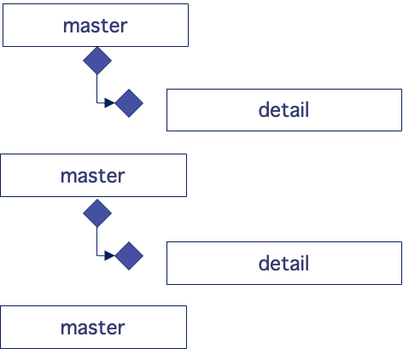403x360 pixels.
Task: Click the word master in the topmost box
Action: coord(95,26)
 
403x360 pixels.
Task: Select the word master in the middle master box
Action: coord(92,177)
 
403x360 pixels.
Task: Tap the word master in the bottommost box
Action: coord(92,328)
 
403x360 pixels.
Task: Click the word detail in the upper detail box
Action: coord(283,110)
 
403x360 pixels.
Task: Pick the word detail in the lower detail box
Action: coord(283,264)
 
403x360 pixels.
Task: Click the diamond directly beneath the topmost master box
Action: coord(96,61)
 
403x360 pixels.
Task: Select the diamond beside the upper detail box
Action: coord(129,103)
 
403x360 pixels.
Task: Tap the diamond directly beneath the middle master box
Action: coord(96,212)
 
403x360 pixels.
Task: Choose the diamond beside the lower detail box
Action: coord(129,256)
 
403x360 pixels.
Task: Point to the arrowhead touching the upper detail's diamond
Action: coord(109,103)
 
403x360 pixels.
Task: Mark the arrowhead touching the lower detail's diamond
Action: coord(109,256)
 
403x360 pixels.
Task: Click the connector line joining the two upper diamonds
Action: coord(96,90)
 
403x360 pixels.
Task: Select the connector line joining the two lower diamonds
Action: coord(96,241)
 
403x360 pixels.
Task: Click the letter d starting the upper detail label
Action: coord(264,110)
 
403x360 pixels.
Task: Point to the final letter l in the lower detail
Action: coord(306,264)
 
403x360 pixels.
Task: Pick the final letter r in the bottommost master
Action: coord(122,328)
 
